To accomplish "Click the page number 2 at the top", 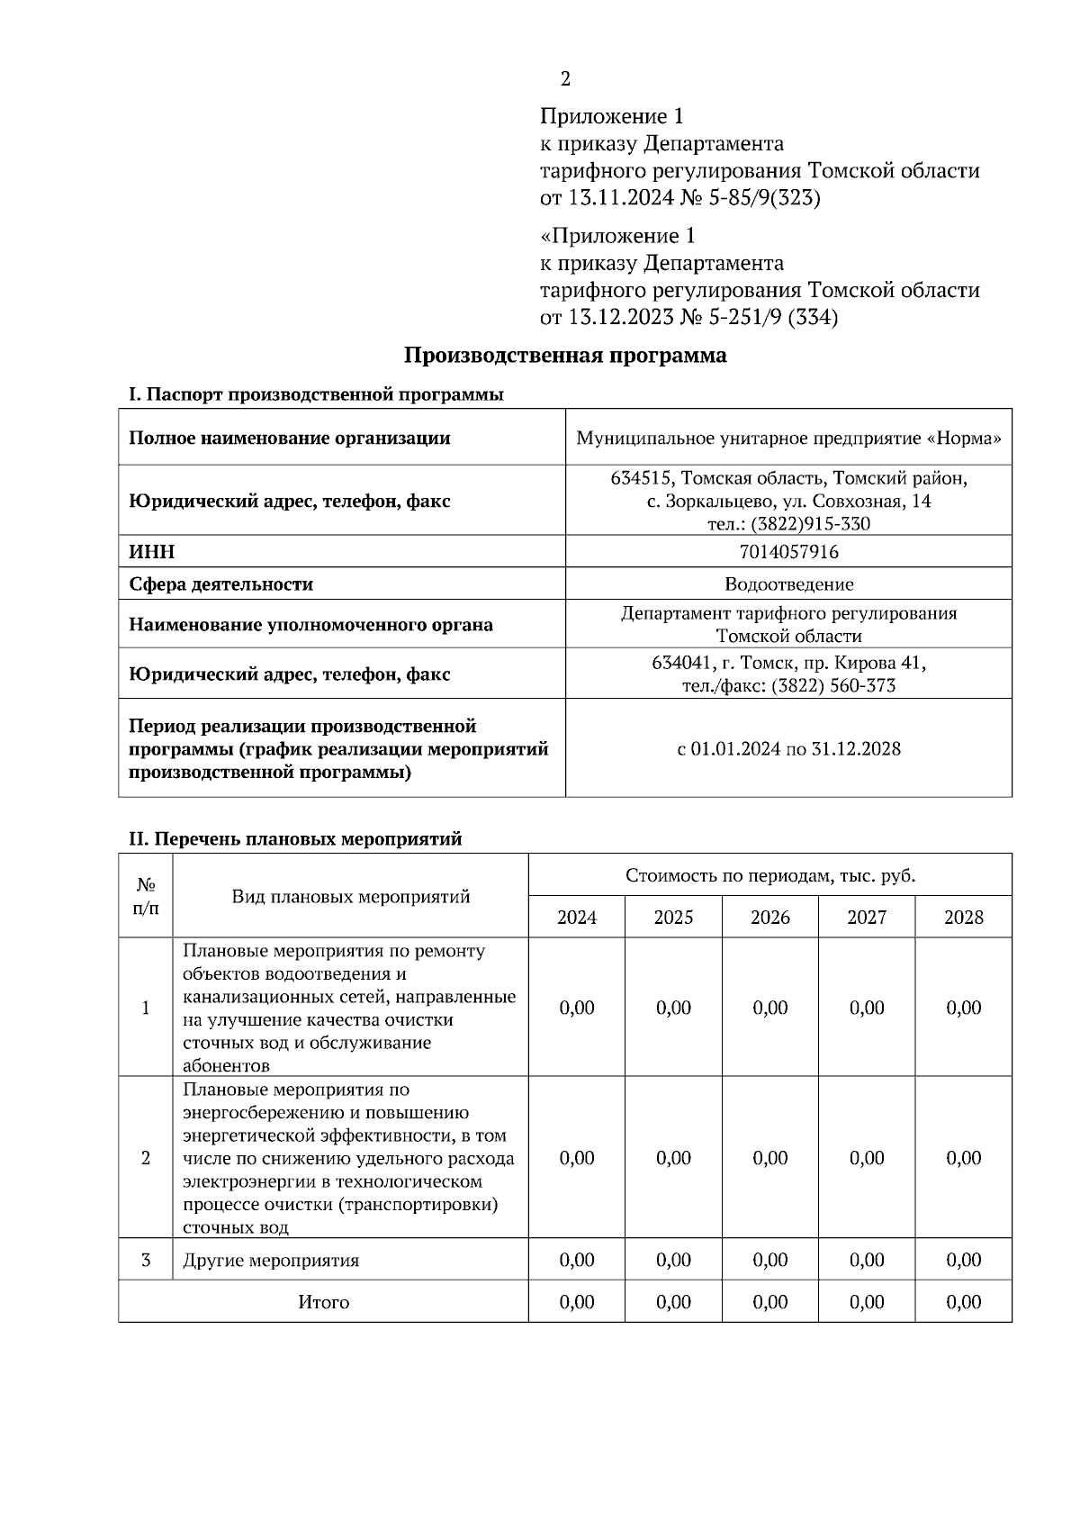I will tap(565, 79).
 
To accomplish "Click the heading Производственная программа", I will tap(564, 355).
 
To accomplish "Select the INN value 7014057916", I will tap(788, 551).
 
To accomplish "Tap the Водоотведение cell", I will tap(788, 584).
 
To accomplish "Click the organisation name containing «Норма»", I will tap(788, 439).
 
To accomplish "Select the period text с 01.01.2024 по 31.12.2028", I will tap(788, 748).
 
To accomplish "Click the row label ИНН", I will tap(152, 551).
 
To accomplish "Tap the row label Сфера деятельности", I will tap(220, 584).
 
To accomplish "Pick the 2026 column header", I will tap(769, 917).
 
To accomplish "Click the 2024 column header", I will tap(577, 917).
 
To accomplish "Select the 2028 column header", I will tap(963, 917).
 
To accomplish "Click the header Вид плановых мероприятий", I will tap(351, 896).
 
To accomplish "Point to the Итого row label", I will tap(323, 1302).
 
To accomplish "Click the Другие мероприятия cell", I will tap(271, 1260).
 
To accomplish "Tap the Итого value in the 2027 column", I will tap(867, 1302).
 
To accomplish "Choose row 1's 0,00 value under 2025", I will tap(673, 1008).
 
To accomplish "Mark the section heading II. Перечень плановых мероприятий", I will tap(295, 838).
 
